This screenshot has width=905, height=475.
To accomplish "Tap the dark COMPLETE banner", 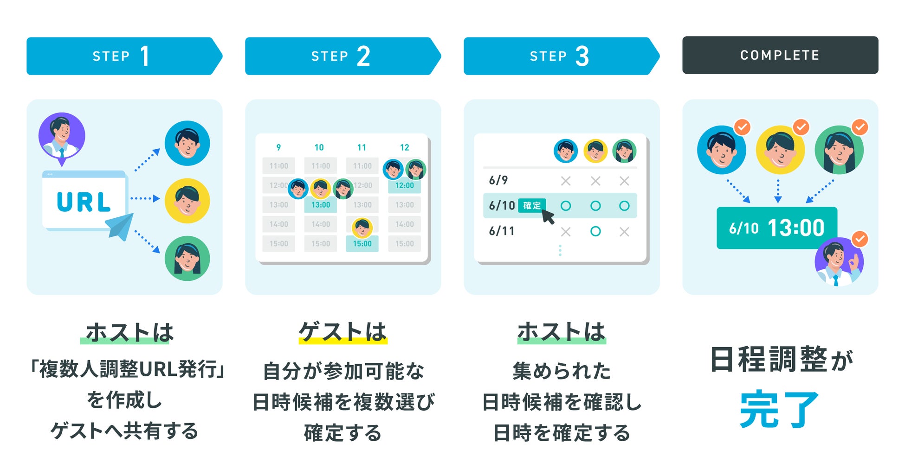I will click(780, 55).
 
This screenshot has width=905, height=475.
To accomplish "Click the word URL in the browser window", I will click(84, 202).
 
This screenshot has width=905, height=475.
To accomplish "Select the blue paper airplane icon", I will click(120, 226).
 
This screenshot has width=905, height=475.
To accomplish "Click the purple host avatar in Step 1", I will click(62, 136).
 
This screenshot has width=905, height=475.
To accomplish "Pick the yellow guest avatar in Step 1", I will click(187, 201).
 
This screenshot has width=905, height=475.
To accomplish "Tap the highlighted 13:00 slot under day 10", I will click(320, 205).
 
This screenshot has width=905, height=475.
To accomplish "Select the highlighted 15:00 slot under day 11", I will click(362, 244).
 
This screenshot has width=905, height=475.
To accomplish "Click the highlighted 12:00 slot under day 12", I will click(404, 185).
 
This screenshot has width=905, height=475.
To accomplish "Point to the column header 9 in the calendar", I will click(278, 147).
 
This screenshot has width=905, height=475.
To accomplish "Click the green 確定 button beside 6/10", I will click(532, 205).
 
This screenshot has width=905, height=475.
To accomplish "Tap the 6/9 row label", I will click(498, 180).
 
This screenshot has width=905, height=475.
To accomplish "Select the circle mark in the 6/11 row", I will click(595, 231).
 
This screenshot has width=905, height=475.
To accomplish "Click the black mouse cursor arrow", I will click(548, 216).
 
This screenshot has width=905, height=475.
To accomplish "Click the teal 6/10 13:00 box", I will click(776, 228).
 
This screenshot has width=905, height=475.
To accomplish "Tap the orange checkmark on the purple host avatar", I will click(860, 239).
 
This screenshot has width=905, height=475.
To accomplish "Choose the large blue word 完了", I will click(779, 409).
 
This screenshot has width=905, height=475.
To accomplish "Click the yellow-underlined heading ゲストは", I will click(343, 332).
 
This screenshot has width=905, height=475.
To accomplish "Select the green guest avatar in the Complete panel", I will click(839, 150).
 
